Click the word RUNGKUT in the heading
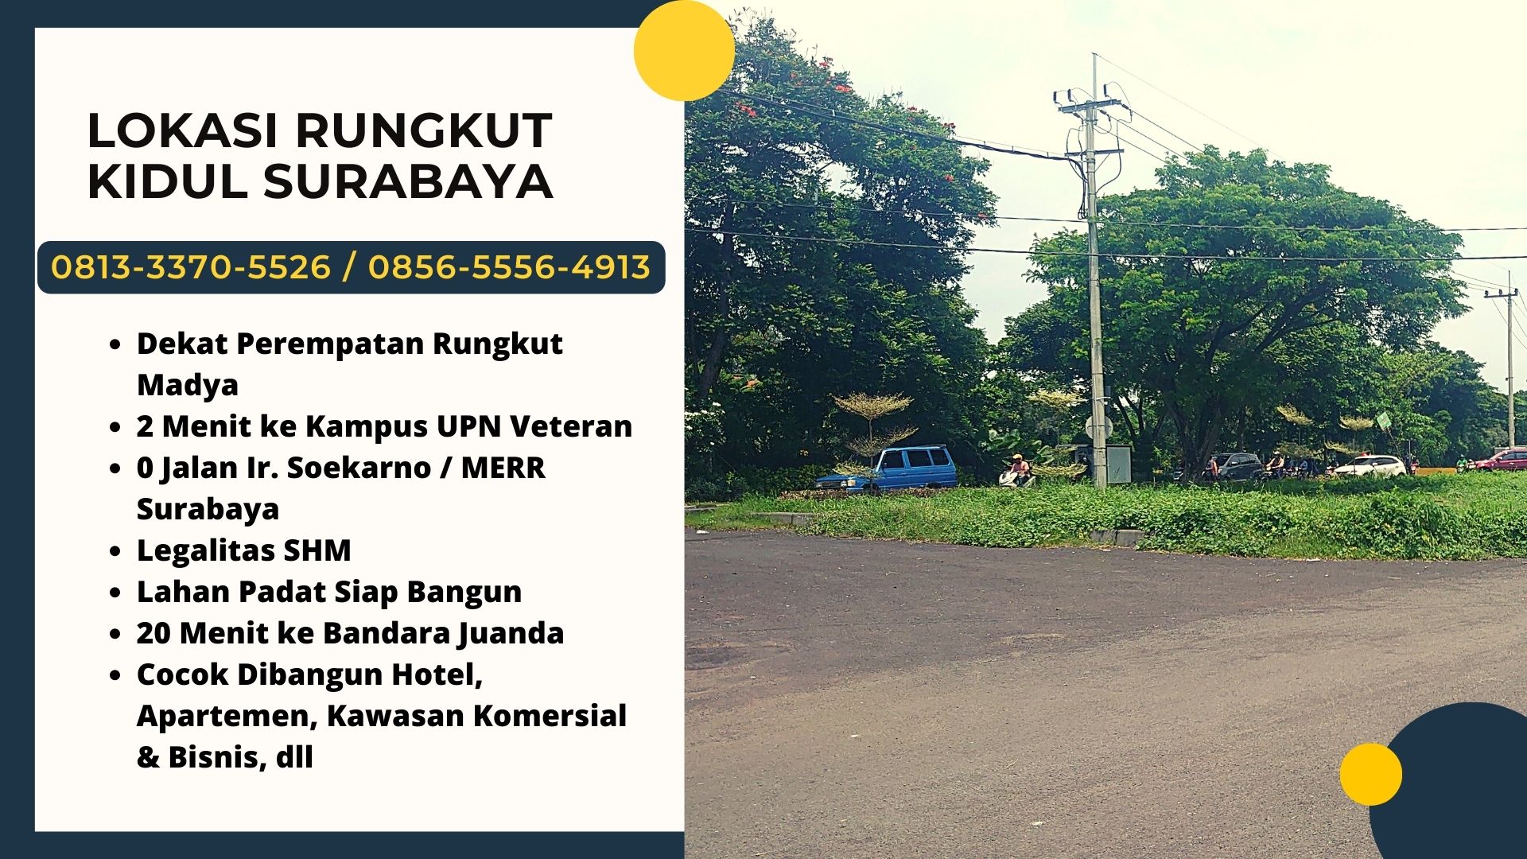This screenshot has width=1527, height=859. click(x=424, y=130)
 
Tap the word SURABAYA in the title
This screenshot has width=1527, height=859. click(x=408, y=181)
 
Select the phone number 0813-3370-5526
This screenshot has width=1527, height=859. click(x=191, y=267)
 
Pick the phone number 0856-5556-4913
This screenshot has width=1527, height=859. click(x=509, y=267)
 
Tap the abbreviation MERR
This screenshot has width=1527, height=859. click(x=503, y=468)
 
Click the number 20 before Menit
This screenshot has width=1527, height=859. click(x=153, y=633)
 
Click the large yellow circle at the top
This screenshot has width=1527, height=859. click(x=684, y=50)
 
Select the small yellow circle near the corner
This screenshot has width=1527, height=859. click(x=1370, y=774)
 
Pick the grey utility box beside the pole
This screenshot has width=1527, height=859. click(x=1118, y=464)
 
